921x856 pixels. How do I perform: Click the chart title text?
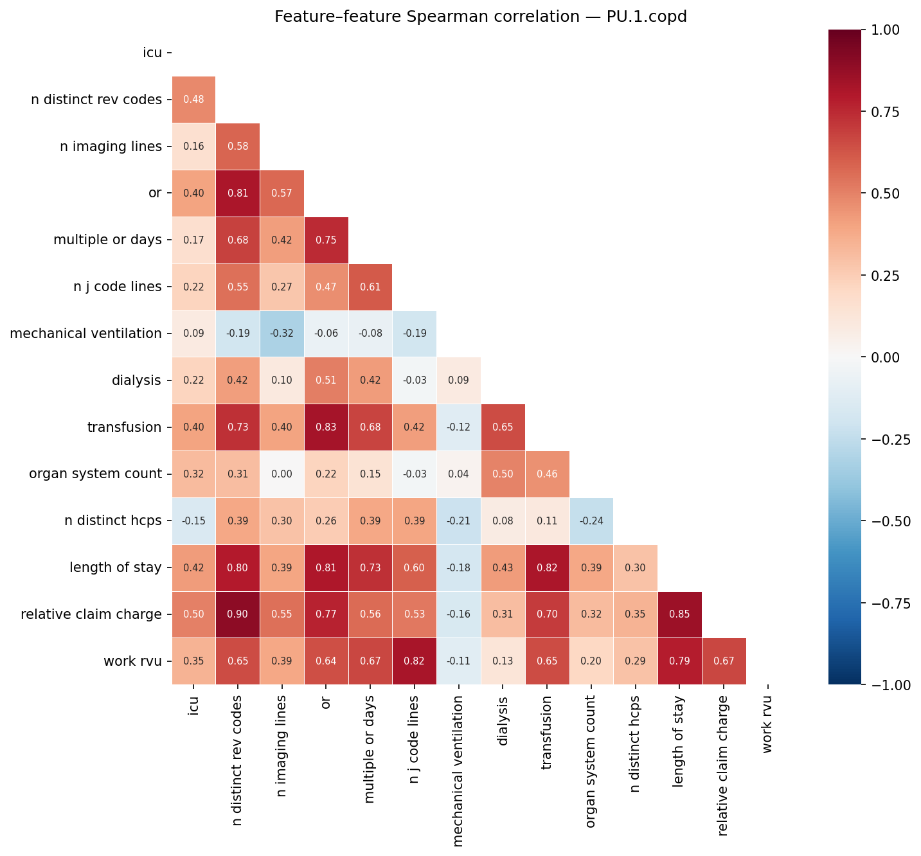click(x=480, y=17)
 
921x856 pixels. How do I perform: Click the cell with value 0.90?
click(x=238, y=614)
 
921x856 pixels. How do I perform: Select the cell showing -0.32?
click(x=282, y=334)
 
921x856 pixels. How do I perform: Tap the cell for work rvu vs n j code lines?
click(x=415, y=661)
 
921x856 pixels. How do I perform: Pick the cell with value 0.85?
click(x=680, y=614)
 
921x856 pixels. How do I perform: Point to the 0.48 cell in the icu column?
click(x=193, y=100)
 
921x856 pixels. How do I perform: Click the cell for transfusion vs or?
click(x=326, y=427)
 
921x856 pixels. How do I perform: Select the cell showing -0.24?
click(x=591, y=521)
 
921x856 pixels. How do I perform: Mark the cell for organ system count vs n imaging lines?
click(x=282, y=474)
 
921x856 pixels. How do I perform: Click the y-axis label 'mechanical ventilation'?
click(x=85, y=334)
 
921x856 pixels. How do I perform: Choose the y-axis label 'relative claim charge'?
click(x=91, y=614)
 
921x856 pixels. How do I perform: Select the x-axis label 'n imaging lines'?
click(x=282, y=745)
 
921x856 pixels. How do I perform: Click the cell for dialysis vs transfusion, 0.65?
click(x=503, y=427)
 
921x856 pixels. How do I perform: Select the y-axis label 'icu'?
click(x=152, y=53)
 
